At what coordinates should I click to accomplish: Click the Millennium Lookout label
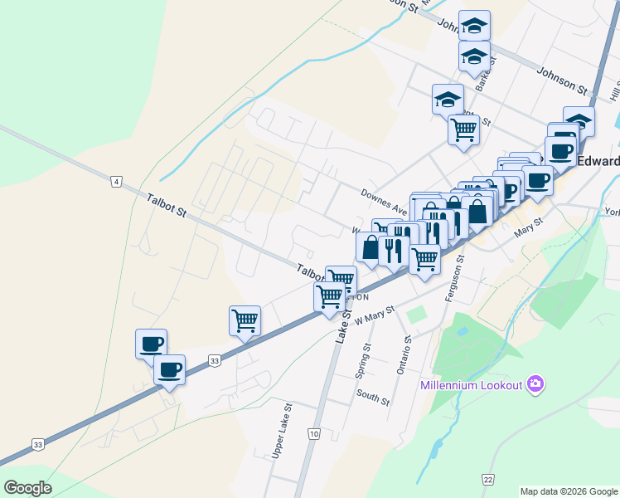tap(471, 385)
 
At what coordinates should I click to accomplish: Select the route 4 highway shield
tap(117, 181)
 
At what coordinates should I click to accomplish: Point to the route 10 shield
tap(313, 434)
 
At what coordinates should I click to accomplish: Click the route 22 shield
tap(489, 479)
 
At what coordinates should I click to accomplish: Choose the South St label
tap(372, 398)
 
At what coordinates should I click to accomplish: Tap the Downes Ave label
tap(384, 201)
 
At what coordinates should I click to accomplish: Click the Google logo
tap(27, 488)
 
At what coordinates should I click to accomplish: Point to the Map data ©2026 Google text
tap(569, 491)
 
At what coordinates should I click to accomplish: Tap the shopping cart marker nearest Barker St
tap(463, 129)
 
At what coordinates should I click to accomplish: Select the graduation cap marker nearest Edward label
tap(579, 120)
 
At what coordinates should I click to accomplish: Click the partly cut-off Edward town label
tap(598, 161)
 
